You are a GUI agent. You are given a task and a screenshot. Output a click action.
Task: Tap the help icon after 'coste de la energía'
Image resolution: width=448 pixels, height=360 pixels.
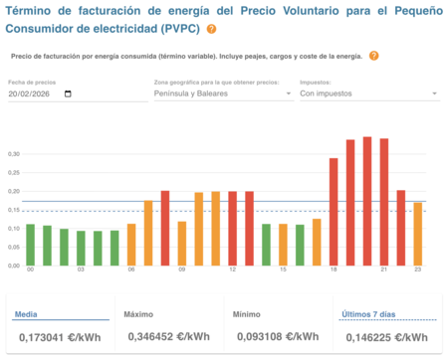click(373, 56)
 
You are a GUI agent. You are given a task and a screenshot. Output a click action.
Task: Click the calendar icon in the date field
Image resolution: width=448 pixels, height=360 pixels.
click(68, 93)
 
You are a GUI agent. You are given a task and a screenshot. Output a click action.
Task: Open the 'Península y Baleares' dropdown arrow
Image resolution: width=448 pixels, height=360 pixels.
click(289, 93)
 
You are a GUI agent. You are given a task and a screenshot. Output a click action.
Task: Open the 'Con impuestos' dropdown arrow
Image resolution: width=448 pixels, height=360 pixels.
click(435, 93)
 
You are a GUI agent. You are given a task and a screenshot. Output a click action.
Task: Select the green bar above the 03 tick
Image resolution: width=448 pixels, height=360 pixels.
click(82, 248)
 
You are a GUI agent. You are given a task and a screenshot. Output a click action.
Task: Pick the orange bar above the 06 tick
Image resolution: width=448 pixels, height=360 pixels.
click(131, 245)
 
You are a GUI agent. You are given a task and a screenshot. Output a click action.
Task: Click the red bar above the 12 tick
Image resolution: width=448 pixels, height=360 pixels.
click(233, 228)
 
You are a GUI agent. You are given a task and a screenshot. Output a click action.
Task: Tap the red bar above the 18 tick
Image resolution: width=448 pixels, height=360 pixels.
click(334, 212)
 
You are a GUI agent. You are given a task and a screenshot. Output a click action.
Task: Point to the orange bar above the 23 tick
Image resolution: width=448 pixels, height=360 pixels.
click(418, 234)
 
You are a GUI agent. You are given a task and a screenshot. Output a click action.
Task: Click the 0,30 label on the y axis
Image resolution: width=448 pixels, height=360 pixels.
click(14, 154)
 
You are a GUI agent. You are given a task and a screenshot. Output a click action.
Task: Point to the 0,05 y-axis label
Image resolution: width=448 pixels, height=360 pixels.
click(14, 248)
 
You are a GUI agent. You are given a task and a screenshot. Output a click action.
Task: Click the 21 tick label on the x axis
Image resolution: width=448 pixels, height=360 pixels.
click(384, 270)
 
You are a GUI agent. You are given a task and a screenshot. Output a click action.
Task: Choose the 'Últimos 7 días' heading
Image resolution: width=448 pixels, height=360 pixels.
click(368, 314)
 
